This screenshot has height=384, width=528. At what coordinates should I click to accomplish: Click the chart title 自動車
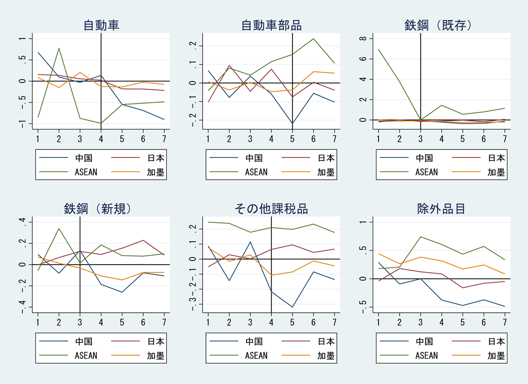coord(101,25)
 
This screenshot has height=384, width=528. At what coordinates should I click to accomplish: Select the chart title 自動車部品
coord(271,25)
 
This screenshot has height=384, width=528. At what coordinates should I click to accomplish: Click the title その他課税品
coord(271,209)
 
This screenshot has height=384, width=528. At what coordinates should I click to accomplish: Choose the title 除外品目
coord(441,209)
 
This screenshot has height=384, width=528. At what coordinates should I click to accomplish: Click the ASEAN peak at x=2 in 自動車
coord(59,48)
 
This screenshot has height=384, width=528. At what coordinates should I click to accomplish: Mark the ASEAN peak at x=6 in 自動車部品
coord(314,39)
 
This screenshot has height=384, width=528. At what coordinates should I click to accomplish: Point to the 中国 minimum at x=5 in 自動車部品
coord(293,124)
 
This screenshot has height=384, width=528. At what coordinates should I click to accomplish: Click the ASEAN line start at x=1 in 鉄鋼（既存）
coord(378,50)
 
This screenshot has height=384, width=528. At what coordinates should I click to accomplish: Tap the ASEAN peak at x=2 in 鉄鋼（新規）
coord(59,229)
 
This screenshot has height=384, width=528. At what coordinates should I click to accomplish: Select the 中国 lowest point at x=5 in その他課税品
coord(293,307)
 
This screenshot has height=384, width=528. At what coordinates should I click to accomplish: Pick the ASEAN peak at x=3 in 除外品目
coord(420,237)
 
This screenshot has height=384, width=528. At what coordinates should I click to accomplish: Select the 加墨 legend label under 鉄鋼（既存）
coord(496,172)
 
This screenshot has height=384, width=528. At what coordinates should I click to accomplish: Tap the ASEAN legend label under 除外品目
coord(426,355)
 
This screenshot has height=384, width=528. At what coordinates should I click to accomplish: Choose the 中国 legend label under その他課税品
coord(256,341)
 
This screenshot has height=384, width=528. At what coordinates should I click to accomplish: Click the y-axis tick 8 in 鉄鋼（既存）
coord(362,39)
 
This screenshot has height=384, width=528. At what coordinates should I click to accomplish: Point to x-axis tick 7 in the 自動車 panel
coord(164,138)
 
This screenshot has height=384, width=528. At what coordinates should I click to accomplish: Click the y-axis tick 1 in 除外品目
coord(362,222)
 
